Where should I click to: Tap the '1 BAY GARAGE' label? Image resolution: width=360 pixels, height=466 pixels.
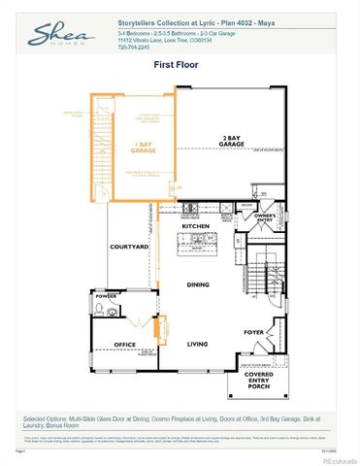[143, 149]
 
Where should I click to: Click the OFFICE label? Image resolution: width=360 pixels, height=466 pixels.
[123, 343]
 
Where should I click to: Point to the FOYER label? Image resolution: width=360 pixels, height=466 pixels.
[254, 332]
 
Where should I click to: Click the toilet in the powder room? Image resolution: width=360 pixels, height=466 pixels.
[103, 311]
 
